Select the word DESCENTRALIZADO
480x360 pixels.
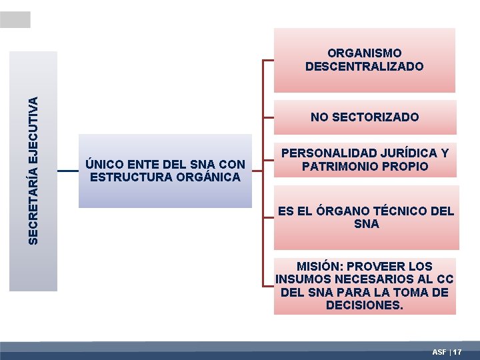(364, 66)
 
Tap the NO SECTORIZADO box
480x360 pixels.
(365, 117)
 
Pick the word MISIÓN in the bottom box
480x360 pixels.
(319, 266)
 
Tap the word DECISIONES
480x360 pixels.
(365, 306)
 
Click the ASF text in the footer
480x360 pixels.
(439, 351)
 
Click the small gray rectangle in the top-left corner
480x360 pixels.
(15, 20)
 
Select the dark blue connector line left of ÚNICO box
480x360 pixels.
(68, 171)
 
